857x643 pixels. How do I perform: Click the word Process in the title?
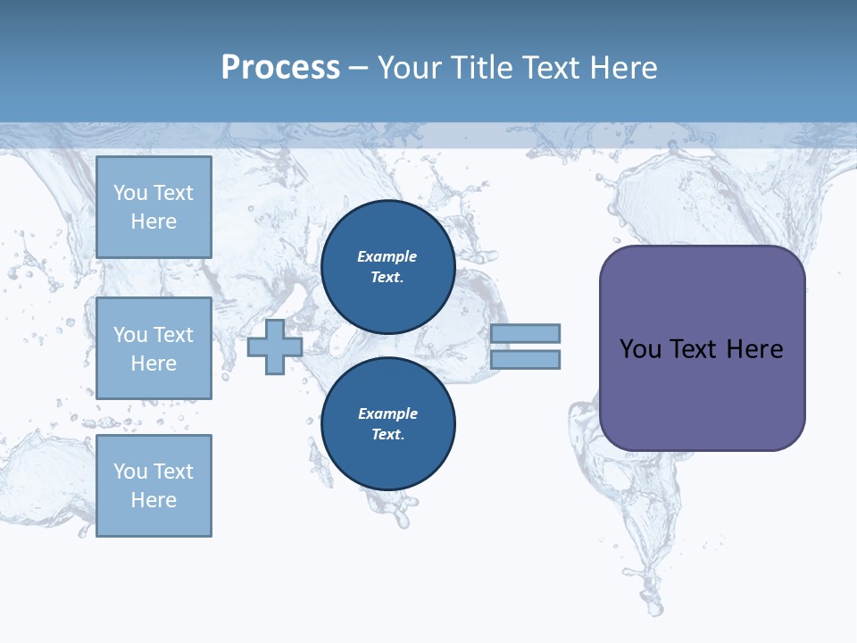coord(280,68)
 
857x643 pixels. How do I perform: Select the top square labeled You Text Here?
coord(154,207)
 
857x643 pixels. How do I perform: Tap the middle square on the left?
coord(154,348)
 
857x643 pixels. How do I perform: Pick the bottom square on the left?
coord(154,486)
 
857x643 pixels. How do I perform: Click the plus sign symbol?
coord(275,347)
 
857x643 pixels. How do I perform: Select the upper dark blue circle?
coord(387,267)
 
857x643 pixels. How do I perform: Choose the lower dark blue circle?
coord(387,424)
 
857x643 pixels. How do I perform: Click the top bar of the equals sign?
coord(525,333)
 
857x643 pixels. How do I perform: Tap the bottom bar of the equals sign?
coord(525,360)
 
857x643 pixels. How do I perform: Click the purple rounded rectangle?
coord(702,393)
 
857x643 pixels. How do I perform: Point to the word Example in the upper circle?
coord(387,256)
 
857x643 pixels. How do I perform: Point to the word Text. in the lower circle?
coord(387,435)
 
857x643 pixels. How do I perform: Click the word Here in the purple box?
coord(754,349)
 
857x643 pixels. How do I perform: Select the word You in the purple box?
coord(640,349)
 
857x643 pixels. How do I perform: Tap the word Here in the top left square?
coord(154,221)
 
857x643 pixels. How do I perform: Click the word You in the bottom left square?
coord(130,472)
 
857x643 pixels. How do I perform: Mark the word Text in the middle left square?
coord(172,335)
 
